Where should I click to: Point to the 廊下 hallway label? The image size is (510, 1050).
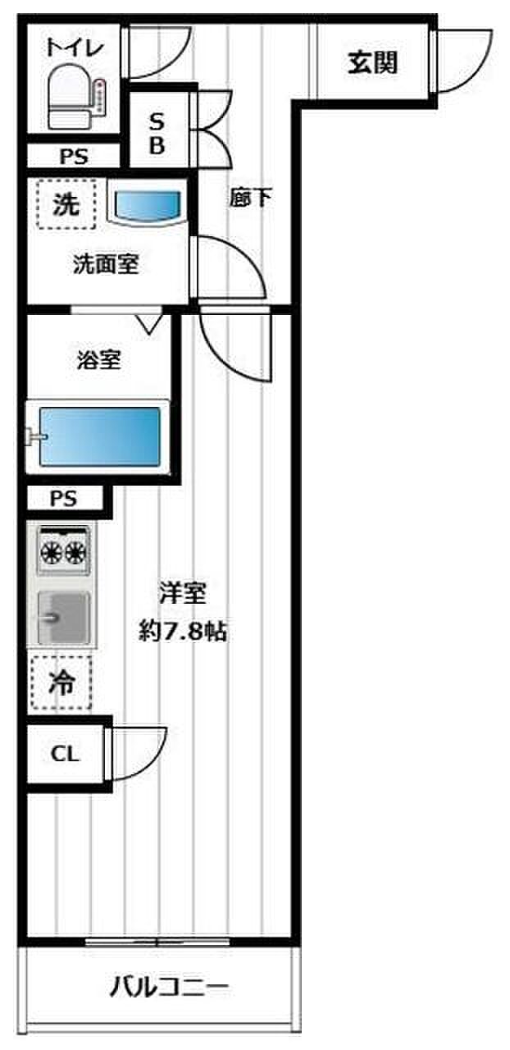click(x=250, y=199)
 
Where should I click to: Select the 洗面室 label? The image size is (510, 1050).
click(x=106, y=264)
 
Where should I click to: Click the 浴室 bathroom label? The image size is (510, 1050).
click(x=99, y=361)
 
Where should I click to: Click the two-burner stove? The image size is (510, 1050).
click(x=65, y=549)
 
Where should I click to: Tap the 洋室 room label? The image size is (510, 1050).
click(x=183, y=593)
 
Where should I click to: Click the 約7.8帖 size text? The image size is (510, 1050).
click(x=183, y=632)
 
